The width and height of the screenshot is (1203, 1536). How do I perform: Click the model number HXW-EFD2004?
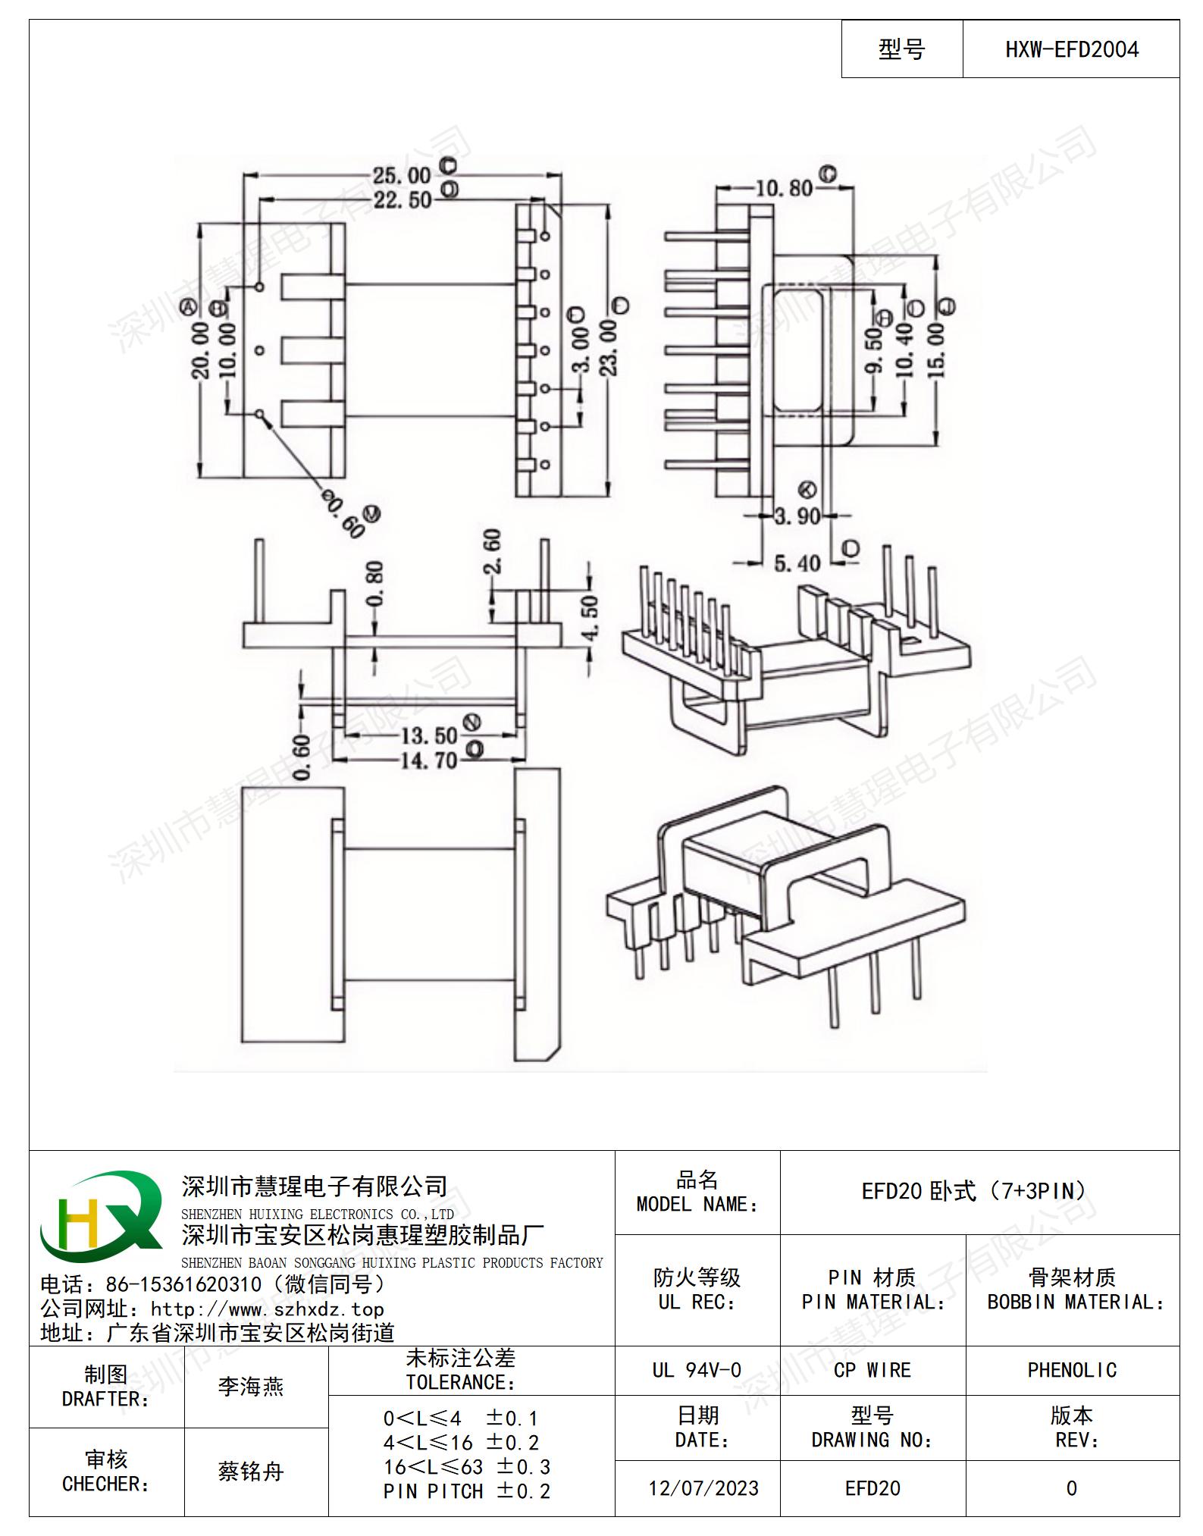[x=1071, y=50]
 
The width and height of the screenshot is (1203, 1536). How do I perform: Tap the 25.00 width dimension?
[x=401, y=176]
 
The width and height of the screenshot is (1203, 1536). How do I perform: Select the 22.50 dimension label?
[x=402, y=200]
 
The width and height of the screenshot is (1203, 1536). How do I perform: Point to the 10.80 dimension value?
[x=784, y=187]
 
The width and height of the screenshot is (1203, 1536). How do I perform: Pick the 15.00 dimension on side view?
[x=936, y=350]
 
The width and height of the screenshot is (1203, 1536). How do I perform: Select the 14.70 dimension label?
[x=429, y=760]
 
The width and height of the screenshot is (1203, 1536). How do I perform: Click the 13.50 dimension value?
[x=429, y=735]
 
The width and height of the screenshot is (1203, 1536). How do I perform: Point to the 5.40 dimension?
[x=797, y=563]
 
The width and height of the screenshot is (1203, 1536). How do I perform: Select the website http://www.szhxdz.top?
[x=267, y=1309]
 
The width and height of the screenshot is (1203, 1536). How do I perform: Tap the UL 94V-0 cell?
[x=697, y=1370]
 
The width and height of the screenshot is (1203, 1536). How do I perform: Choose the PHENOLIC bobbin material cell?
[x=1072, y=1370]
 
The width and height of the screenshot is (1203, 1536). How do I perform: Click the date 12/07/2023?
[x=703, y=1488]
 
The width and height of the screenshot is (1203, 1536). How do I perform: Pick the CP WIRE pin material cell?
[x=872, y=1370]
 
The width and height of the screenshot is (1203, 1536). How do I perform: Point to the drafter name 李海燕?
[x=251, y=1387]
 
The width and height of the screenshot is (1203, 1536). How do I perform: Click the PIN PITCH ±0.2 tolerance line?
[x=467, y=1491]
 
